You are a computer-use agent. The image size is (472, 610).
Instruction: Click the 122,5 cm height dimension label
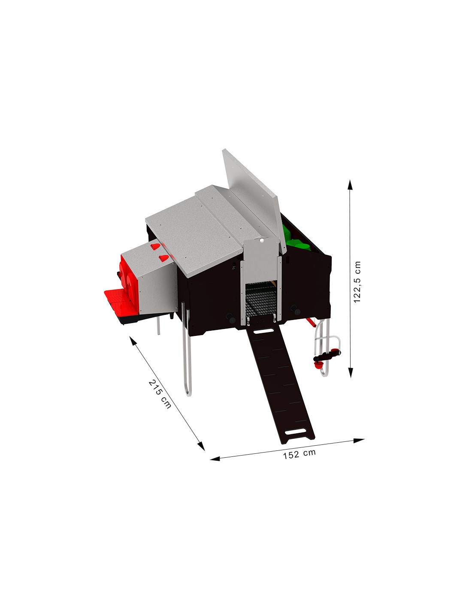(357, 282)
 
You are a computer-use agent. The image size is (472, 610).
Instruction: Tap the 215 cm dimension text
(160, 394)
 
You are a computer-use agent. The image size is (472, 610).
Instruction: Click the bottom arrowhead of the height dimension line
(351, 372)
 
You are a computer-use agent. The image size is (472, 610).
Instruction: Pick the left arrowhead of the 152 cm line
(216, 459)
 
